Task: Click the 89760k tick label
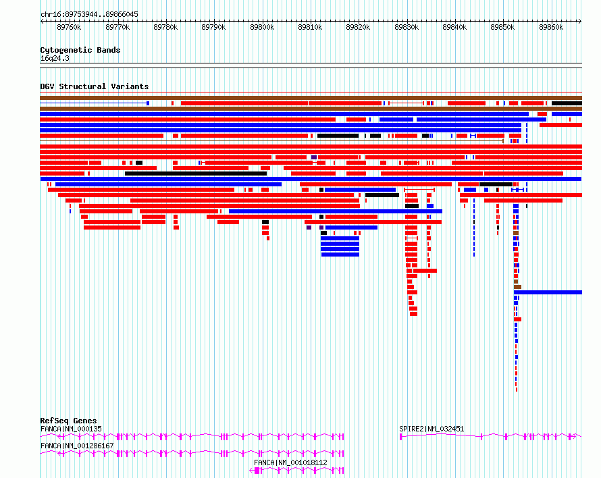[x=69, y=27]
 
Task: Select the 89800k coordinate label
[x=262, y=27]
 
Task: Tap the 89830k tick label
[x=407, y=27]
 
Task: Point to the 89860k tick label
[x=551, y=27]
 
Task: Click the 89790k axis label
[x=213, y=27]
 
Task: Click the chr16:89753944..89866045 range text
[x=89, y=15]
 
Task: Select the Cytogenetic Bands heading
[x=80, y=50]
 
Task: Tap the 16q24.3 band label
[x=55, y=58]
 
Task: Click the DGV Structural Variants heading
[x=95, y=86]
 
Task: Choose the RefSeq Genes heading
[x=68, y=421]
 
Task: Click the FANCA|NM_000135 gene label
[x=71, y=429]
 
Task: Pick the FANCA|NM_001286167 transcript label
[x=77, y=446]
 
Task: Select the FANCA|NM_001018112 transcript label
[x=290, y=462]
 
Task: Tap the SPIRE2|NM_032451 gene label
[x=432, y=429]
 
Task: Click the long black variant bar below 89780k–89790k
[x=195, y=174]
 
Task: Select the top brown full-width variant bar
[x=311, y=98]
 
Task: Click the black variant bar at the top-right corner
[x=567, y=103]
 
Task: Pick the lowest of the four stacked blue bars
[x=340, y=255]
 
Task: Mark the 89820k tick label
[x=358, y=27]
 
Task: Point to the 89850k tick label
[x=502, y=27]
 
